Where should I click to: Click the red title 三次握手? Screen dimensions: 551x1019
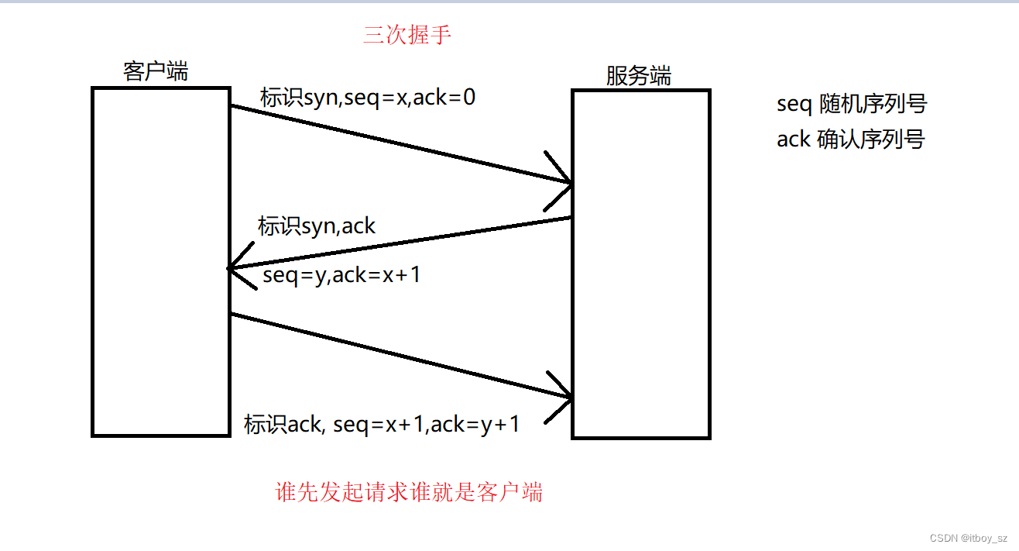tap(407, 35)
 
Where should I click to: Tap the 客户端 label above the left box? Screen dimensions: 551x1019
tap(156, 71)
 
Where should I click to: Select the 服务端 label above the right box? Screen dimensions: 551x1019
tap(639, 75)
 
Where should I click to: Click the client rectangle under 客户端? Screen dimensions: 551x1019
tap(161, 262)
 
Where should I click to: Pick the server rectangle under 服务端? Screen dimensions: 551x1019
tap(641, 264)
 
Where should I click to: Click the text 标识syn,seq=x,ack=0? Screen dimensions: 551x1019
tap(368, 98)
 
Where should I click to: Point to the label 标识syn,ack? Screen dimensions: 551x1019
tap(317, 226)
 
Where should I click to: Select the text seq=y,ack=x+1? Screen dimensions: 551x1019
tap(341, 274)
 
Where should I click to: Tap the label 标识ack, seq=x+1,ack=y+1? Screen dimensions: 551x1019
tap(382, 424)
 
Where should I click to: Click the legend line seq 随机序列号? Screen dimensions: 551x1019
tap(852, 104)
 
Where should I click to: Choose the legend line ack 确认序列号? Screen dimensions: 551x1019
tap(850, 139)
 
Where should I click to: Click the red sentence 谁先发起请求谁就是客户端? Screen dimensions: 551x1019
tap(409, 492)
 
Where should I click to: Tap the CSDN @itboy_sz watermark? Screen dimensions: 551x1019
tap(968, 537)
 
